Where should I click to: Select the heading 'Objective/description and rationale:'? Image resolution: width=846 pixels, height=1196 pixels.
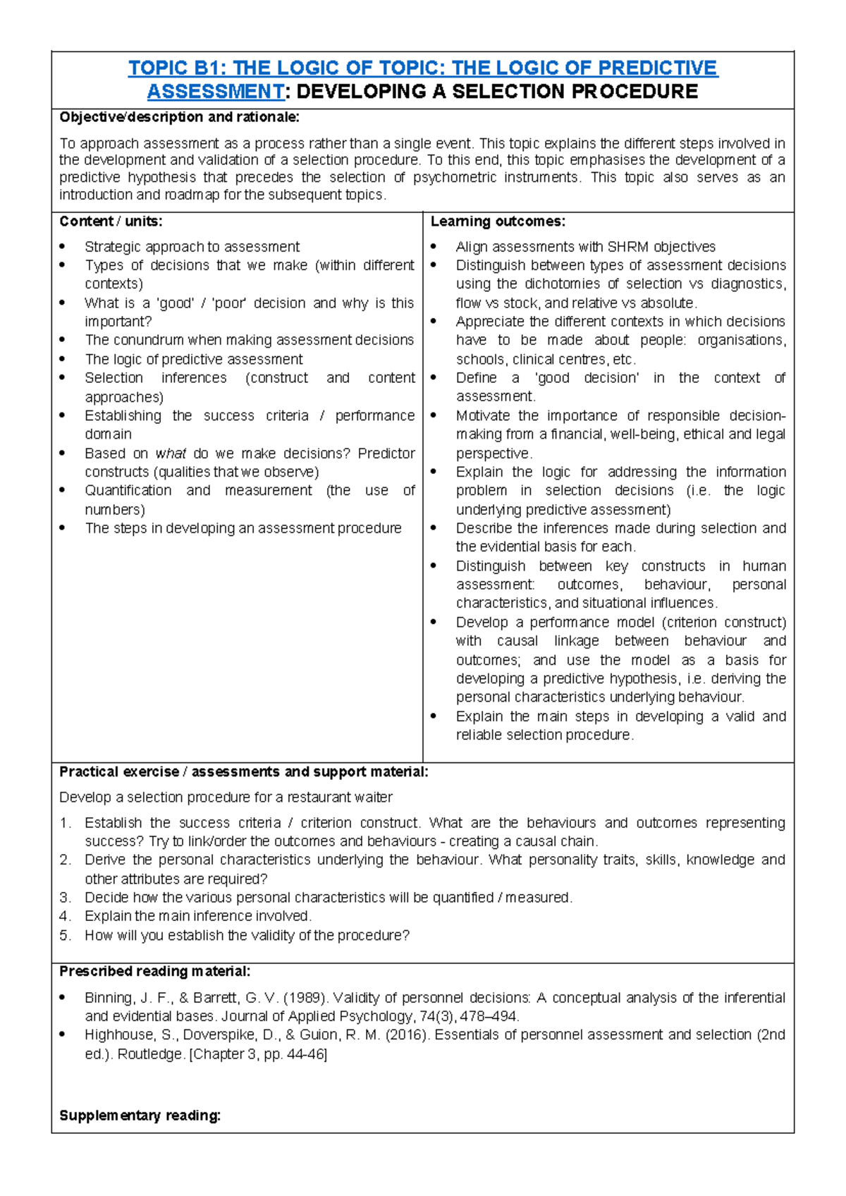[x=179, y=117]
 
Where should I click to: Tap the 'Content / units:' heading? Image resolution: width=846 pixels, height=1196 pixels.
[x=111, y=221]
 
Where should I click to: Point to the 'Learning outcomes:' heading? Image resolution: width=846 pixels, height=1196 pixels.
[x=498, y=221]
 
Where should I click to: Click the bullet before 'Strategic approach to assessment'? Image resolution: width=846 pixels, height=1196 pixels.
[x=63, y=247]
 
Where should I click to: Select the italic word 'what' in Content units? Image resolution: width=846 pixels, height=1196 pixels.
[x=170, y=453]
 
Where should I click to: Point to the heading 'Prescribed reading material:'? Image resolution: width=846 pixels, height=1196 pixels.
[x=154, y=972]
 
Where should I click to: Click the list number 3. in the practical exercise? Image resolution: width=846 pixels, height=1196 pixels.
[x=65, y=898]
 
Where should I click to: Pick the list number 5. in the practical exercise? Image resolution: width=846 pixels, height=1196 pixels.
[x=65, y=935]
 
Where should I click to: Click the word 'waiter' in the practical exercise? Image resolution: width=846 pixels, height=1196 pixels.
[x=374, y=798]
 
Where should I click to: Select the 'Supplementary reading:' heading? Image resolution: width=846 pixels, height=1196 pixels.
[x=140, y=1116]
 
